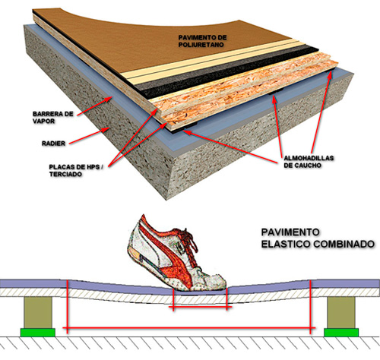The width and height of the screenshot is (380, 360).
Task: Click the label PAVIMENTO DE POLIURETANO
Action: [202, 41]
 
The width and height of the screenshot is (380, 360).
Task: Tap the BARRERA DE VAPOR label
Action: [52, 118]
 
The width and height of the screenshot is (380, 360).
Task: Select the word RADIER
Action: [53, 144]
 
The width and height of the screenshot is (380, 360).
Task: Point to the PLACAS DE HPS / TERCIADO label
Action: [76, 171]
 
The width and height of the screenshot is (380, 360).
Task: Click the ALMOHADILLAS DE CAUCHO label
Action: [309, 162]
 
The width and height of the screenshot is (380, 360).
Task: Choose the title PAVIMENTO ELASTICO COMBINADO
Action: [318, 238]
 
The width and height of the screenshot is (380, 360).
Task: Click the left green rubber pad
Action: [38, 333]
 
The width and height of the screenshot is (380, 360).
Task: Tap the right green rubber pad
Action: [341, 333]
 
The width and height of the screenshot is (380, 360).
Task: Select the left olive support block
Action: [38, 312]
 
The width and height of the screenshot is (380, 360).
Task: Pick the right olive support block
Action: [341, 312]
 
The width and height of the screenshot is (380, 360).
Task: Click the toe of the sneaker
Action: [221, 283]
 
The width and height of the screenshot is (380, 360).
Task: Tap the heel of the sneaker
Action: [133, 249]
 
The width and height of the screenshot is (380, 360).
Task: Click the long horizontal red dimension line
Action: [189, 328]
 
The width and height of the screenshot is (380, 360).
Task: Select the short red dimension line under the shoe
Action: [200, 308]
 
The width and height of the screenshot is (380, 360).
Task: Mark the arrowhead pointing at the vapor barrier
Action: [109, 99]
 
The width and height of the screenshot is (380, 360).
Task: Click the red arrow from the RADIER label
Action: [89, 136]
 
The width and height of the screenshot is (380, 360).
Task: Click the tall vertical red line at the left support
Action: [67, 307]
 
